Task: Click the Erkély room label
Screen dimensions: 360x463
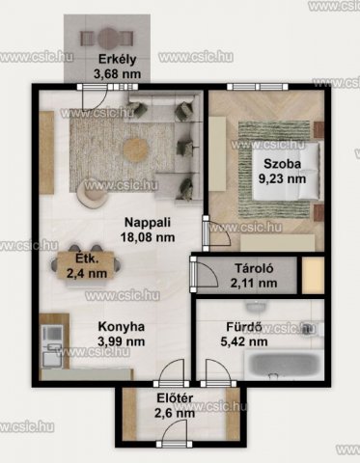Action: (x=117, y=60)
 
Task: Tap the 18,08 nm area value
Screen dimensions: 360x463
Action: (x=148, y=237)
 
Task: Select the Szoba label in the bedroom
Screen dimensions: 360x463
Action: (x=282, y=164)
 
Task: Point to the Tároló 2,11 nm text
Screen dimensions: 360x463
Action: (x=254, y=276)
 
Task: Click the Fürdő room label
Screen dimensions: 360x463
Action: (x=244, y=327)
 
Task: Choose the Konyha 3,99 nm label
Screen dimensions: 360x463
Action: (x=122, y=334)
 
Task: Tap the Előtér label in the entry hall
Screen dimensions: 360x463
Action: (x=175, y=398)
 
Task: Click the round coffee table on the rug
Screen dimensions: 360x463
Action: (x=136, y=149)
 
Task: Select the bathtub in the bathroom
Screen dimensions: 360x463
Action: (x=284, y=365)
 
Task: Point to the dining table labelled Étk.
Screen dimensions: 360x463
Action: (x=85, y=265)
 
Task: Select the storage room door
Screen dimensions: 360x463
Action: (x=206, y=274)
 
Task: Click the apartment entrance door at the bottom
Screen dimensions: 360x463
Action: (x=175, y=436)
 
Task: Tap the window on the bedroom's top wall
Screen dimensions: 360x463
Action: (x=258, y=87)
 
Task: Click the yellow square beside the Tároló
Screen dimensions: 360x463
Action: (x=313, y=275)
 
